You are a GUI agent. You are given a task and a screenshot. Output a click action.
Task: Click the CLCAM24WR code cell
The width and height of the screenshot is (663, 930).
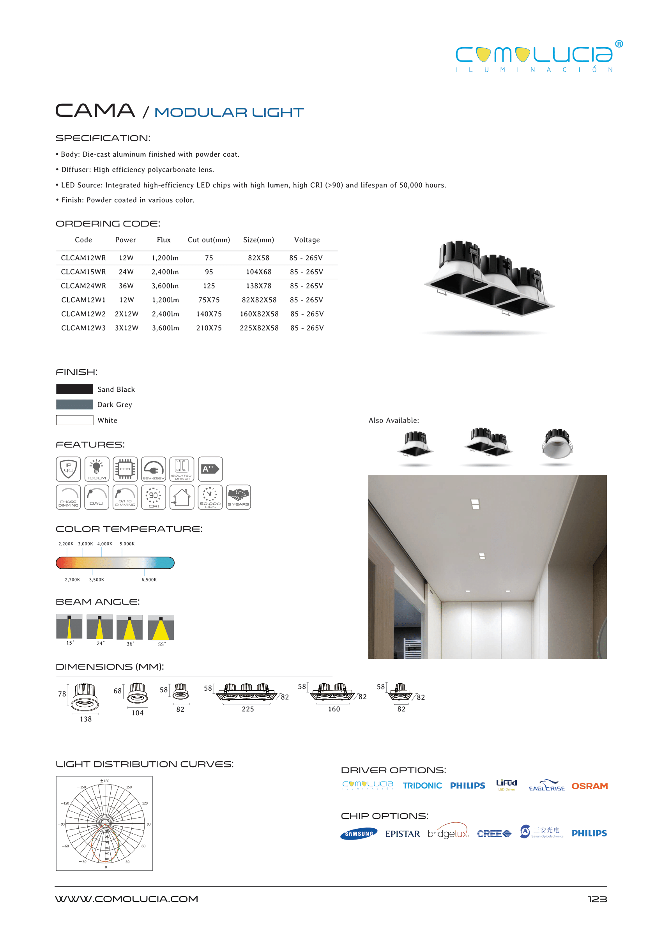click(x=83, y=286)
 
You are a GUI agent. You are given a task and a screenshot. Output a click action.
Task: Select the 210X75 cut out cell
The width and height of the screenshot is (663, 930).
click(x=209, y=328)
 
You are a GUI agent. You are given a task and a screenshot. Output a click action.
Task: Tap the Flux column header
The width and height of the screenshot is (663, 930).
click(x=164, y=240)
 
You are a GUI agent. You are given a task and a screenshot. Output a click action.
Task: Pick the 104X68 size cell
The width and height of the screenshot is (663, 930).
click(x=258, y=272)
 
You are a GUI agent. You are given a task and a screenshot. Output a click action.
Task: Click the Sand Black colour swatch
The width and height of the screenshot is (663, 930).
click(x=74, y=389)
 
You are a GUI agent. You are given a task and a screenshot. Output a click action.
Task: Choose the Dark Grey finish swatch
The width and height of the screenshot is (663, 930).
click(x=74, y=405)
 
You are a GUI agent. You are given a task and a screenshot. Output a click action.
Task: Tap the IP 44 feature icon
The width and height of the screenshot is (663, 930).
click(x=68, y=469)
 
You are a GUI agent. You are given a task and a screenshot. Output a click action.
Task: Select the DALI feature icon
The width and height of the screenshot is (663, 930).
click(x=97, y=497)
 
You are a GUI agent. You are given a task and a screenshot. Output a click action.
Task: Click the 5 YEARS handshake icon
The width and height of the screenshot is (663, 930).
click(x=239, y=497)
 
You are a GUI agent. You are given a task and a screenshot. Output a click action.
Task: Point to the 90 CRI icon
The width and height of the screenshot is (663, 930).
click(x=154, y=497)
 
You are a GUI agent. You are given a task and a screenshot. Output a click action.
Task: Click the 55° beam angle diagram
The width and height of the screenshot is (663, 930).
click(x=161, y=628)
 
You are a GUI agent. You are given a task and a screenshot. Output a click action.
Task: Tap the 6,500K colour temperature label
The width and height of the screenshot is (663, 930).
click(x=149, y=580)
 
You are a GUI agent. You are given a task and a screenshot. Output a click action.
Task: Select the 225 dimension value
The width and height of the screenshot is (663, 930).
click(x=248, y=709)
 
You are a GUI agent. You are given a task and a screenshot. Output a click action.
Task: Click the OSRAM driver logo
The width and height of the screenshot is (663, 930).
click(x=589, y=786)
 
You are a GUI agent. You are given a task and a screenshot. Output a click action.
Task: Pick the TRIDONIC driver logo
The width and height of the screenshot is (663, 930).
click(x=422, y=786)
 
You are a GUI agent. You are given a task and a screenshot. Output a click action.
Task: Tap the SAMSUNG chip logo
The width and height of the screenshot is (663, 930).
click(x=359, y=834)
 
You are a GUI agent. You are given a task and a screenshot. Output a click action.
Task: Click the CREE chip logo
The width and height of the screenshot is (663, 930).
click(x=494, y=834)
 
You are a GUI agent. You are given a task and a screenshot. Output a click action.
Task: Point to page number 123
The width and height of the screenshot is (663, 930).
click(x=597, y=899)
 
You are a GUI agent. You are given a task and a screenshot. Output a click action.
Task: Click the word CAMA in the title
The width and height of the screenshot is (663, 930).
click(x=95, y=111)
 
